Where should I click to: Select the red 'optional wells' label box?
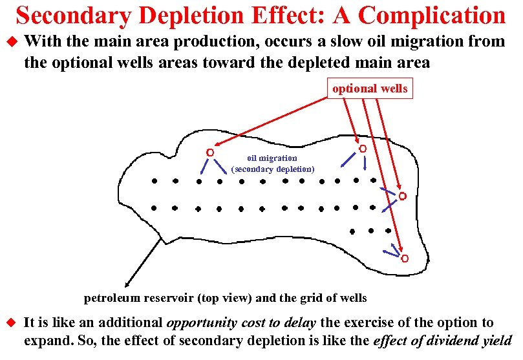[x=370, y=89]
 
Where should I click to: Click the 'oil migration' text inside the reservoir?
[x=272, y=158]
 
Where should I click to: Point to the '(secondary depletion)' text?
[x=272, y=169]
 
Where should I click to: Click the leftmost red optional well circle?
[x=209, y=153]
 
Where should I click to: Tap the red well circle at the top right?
[x=363, y=149]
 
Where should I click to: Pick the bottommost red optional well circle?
[x=405, y=259]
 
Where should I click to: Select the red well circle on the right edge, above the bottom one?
[x=402, y=196]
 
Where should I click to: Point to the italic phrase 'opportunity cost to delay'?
[x=242, y=322]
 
